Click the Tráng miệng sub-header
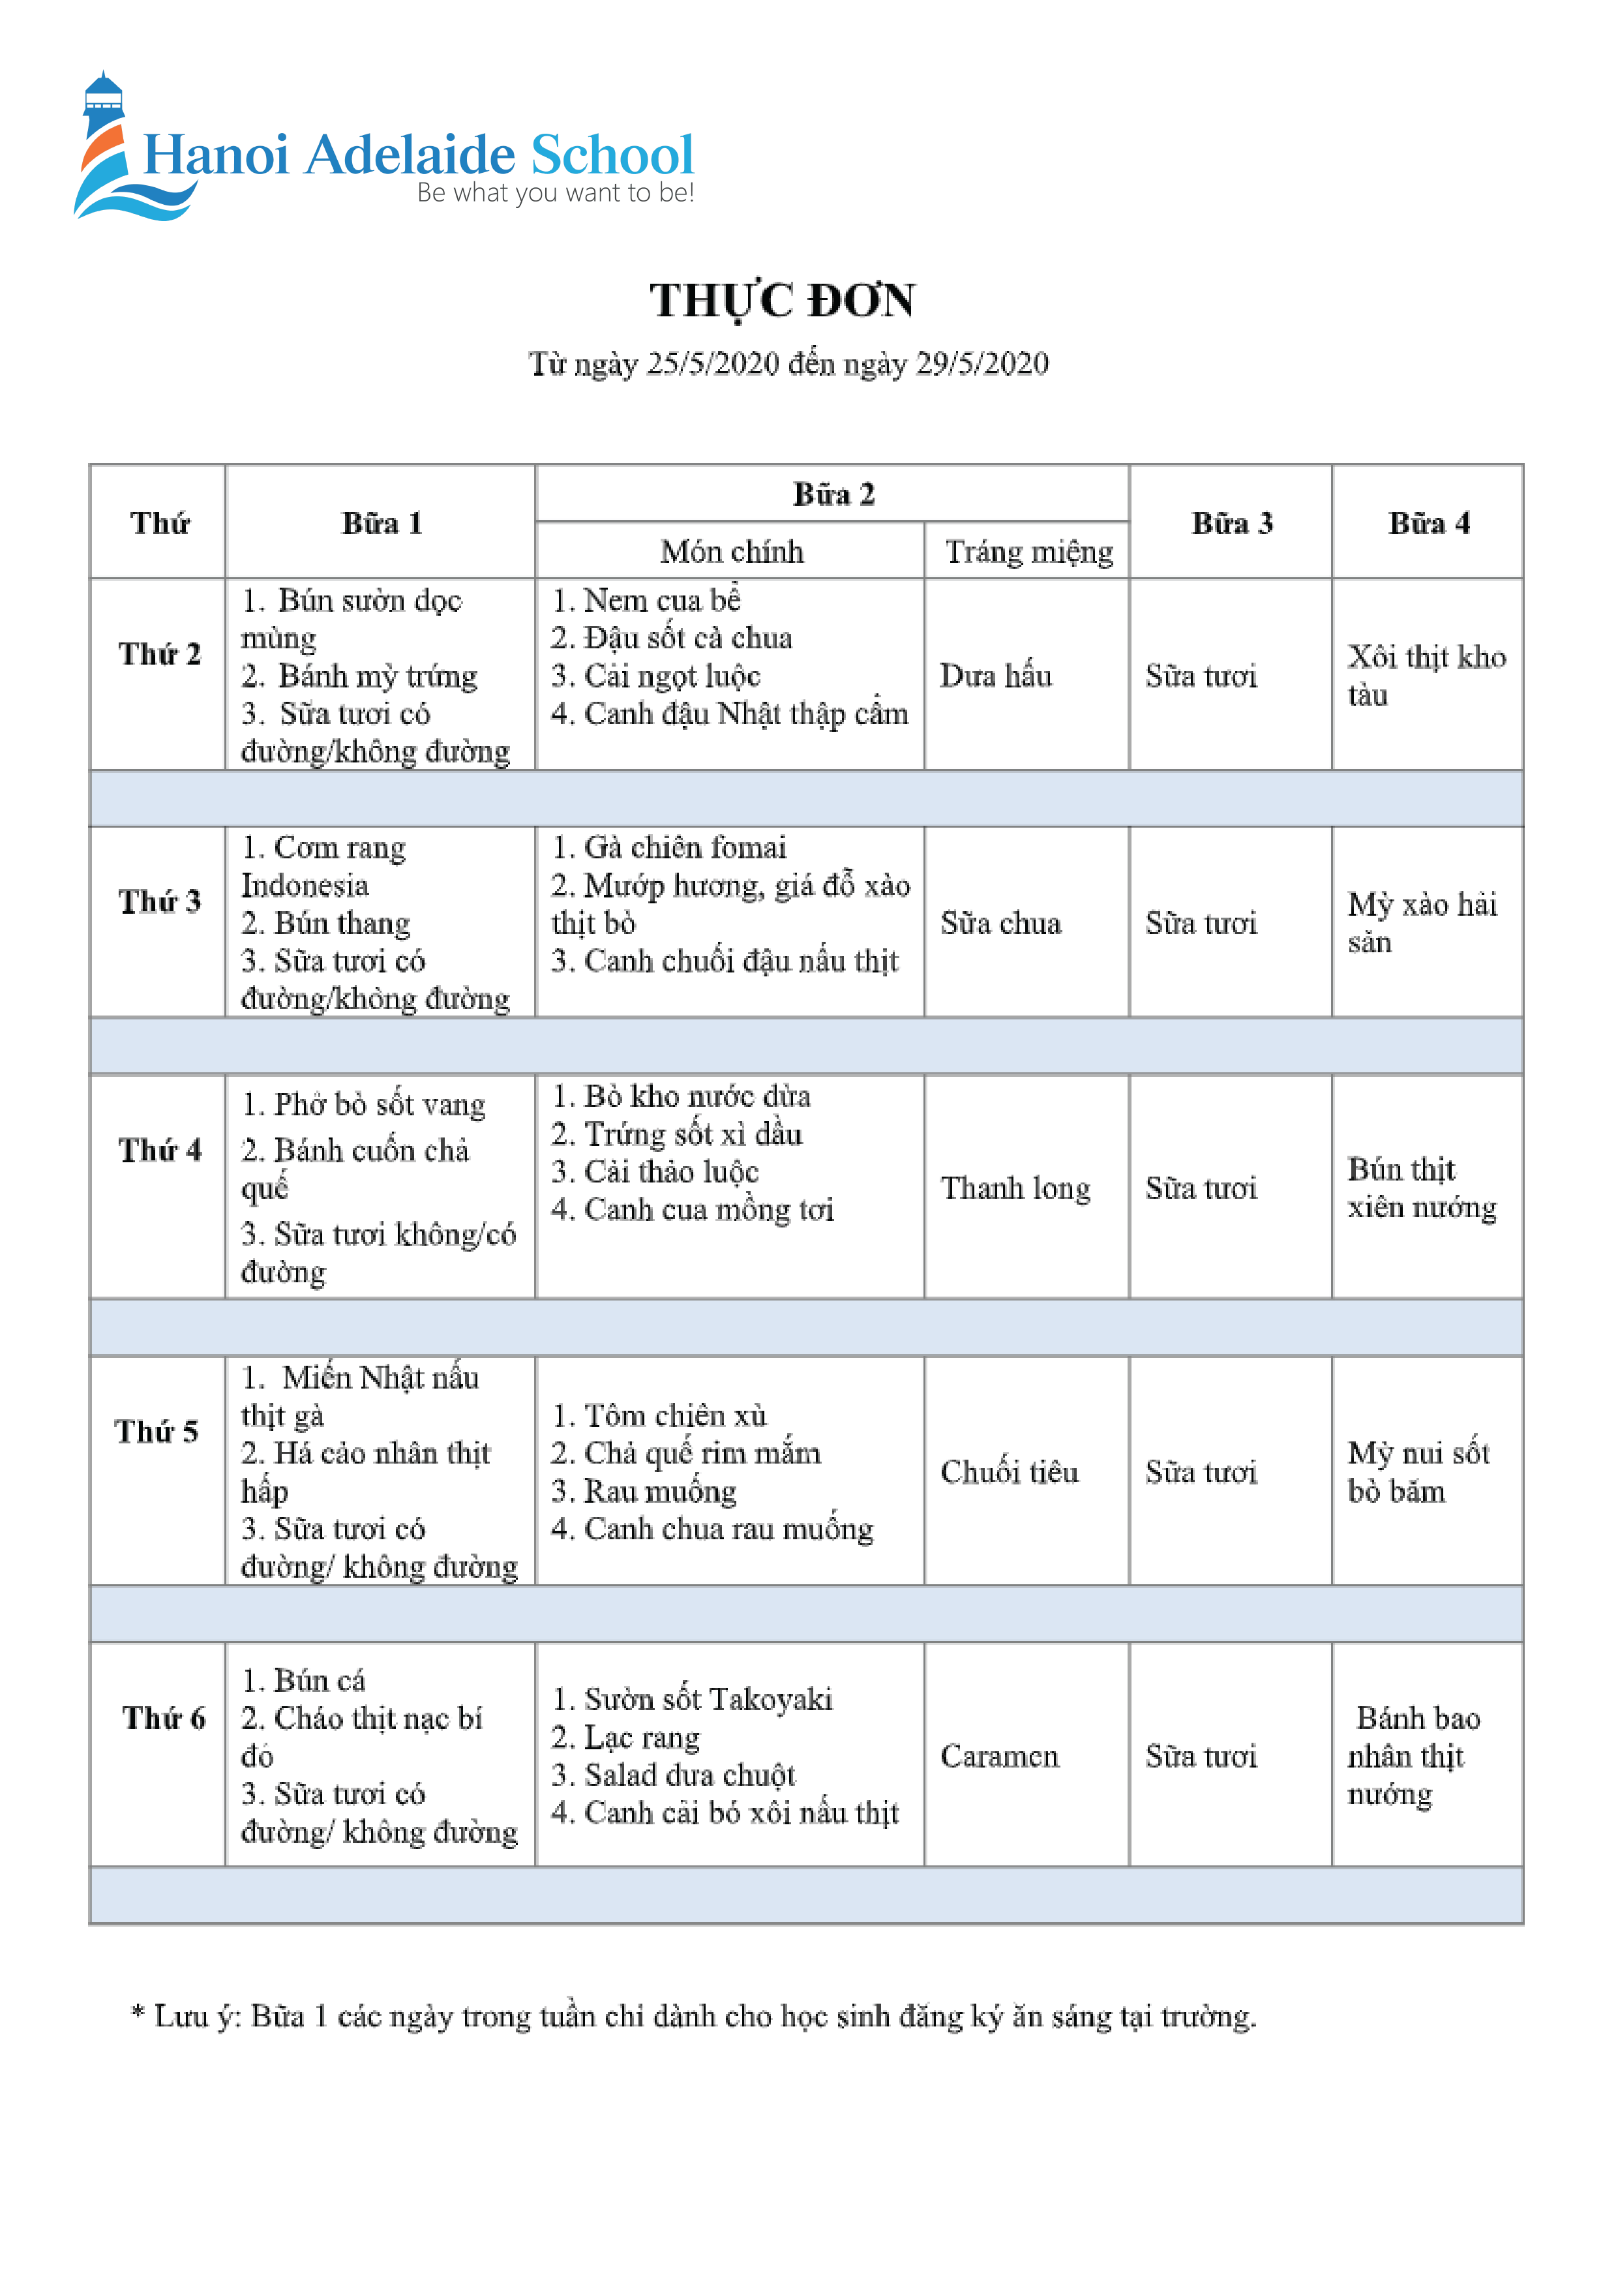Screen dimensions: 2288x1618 coord(1028,551)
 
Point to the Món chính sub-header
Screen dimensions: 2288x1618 coord(731,551)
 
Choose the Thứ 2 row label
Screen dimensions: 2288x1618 coord(159,654)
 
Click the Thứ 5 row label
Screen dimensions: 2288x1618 coord(157,1432)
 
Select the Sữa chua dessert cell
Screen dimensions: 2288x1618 coord(1000,923)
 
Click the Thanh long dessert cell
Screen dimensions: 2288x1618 coord(1015,1188)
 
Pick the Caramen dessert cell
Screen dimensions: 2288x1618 coord(999,1756)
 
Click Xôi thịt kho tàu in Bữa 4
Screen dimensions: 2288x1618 coord(1426,674)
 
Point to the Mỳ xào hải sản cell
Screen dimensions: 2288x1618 coord(1422,922)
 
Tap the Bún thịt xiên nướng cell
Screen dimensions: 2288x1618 coord(1422,1188)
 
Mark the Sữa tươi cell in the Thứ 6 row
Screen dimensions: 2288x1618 coord(1201,1756)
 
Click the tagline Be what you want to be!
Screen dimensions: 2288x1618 coord(555,193)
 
